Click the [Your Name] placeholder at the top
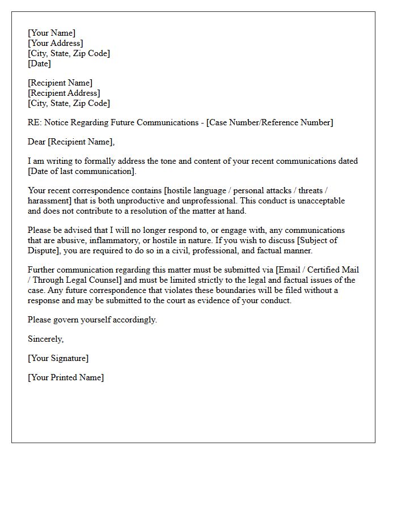(x=52, y=33)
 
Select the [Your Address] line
(x=56, y=44)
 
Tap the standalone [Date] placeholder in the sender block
(x=39, y=64)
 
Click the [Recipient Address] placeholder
(x=64, y=93)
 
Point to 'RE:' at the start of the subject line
(x=35, y=122)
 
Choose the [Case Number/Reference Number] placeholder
(x=270, y=122)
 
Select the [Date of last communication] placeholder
(x=82, y=171)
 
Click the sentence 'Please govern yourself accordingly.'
(x=92, y=320)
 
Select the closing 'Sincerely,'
(x=46, y=339)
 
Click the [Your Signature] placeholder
(x=58, y=358)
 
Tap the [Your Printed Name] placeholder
(x=66, y=377)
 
